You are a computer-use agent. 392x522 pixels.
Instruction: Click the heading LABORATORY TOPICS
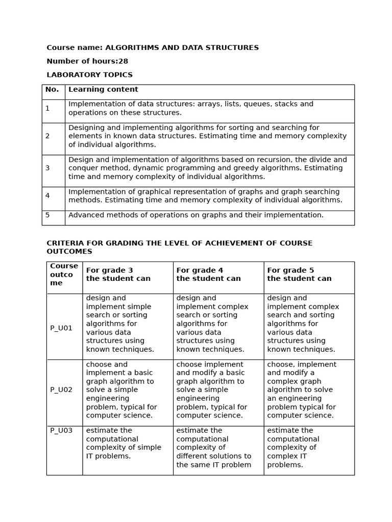point(89,75)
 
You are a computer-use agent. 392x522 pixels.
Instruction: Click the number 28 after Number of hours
point(123,61)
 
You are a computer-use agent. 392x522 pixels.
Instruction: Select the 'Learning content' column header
point(103,90)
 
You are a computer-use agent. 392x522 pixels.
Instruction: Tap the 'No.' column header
point(52,90)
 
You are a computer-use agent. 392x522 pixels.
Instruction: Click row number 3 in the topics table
point(47,168)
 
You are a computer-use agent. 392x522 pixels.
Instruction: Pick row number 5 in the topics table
point(47,215)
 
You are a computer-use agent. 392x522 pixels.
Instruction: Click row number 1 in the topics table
point(47,108)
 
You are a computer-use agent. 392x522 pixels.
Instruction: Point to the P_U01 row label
point(61,328)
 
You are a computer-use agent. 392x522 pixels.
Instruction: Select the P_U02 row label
point(61,390)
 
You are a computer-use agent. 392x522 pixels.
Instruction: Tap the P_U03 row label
point(61,431)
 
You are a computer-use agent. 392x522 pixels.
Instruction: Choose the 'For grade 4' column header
point(200,270)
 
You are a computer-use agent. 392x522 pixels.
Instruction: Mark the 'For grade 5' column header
point(290,270)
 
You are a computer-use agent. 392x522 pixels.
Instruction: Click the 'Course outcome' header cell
point(64,274)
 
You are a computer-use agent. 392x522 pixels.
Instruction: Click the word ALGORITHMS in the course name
point(130,48)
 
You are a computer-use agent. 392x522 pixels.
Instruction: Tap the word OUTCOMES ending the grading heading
point(69,252)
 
